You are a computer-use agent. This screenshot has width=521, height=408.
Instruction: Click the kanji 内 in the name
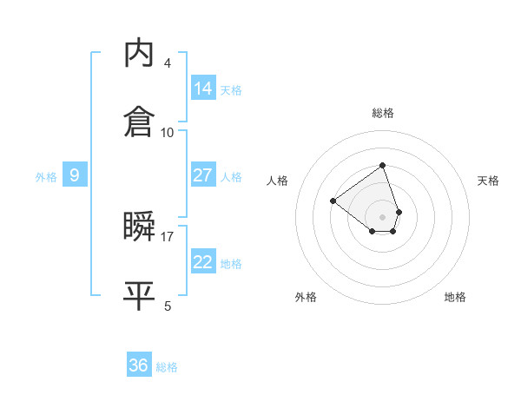point(140,54)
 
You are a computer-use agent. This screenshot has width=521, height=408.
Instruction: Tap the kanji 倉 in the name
point(140,122)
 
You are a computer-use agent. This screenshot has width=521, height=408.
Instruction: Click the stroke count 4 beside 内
point(168,63)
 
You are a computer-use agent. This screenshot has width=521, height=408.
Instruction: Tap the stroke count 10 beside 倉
point(168,132)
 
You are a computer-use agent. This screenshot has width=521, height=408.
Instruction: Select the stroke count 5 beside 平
point(168,306)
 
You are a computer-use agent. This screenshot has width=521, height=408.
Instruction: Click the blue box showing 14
point(203,88)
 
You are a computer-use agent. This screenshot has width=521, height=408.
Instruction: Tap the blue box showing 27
point(203,175)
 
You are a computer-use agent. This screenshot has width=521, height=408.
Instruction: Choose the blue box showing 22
point(203,262)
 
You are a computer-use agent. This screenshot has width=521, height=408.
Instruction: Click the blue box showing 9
point(75,175)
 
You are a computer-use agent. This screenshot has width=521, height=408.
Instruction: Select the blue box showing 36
point(139,365)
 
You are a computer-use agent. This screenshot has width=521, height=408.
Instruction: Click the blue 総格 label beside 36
point(167,367)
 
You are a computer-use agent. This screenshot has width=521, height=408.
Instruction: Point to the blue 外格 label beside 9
point(46,177)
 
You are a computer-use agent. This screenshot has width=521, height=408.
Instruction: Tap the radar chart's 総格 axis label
point(382,113)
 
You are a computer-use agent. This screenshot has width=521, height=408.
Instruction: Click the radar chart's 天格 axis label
point(488,181)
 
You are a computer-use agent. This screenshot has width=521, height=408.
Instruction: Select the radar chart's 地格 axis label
point(455,297)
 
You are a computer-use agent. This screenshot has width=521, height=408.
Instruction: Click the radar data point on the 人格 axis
point(333,201)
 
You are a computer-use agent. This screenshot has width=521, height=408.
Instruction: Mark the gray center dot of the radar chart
point(382,216)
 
